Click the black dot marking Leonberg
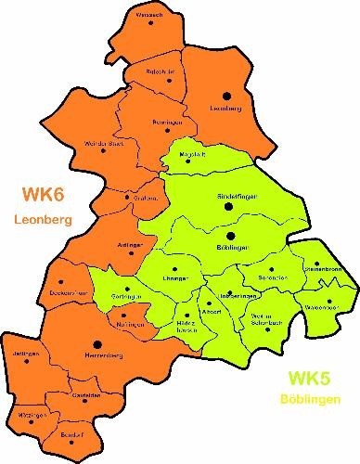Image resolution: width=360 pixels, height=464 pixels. click(226, 95)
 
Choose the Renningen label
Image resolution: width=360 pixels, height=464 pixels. click(165, 122)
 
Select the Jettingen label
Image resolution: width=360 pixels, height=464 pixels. click(28, 354)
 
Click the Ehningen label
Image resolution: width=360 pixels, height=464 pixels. click(175, 278)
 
